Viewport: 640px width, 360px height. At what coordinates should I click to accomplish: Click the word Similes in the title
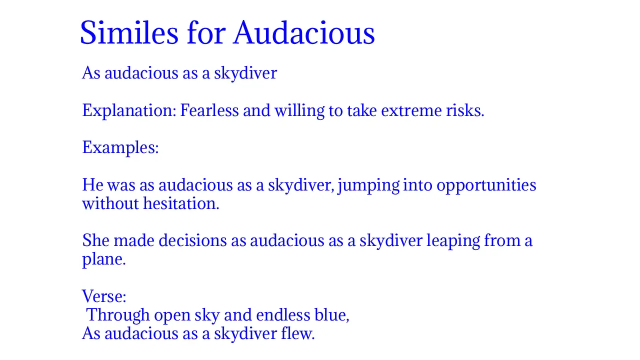pyautogui.click(x=129, y=33)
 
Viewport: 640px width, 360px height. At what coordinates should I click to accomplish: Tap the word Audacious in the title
pyautogui.click(x=304, y=33)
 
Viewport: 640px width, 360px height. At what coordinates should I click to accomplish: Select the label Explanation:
pyautogui.click(x=129, y=110)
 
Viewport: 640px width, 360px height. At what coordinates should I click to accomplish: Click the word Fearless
pyautogui.click(x=209, y=110)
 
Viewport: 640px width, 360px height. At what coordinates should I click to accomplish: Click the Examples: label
pyautogui.click(x=120, y=147)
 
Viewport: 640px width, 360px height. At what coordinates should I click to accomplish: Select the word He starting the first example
pyautogui.click(x=92, y=185)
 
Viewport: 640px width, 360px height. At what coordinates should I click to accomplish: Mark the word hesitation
pyautogui.click(x=181, y=204)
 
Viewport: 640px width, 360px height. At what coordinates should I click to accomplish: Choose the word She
pyautogui.click(x=95, y=241)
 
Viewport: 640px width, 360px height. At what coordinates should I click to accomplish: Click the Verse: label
pyautogui.click(x=104, y=296)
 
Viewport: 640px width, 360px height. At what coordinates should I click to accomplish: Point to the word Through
pyautogui.click(x=118, y=315)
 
